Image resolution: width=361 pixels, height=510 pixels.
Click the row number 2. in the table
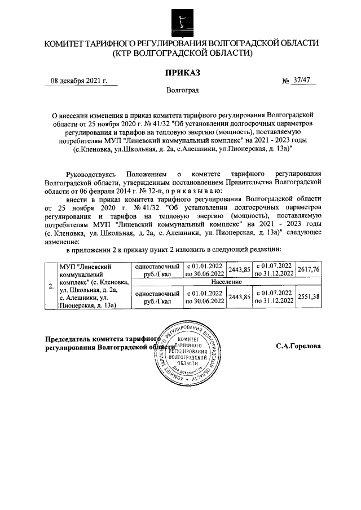coord(51,285)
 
